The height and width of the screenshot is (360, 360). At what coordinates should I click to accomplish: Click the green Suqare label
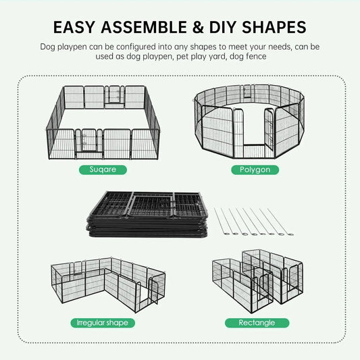tap(103, 170)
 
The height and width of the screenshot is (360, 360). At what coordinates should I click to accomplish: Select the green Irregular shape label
tap(103, 323)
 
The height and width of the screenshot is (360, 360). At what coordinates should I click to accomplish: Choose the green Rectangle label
tap(257, 323)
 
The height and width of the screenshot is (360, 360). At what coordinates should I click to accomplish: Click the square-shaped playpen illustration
tap(103, 122)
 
